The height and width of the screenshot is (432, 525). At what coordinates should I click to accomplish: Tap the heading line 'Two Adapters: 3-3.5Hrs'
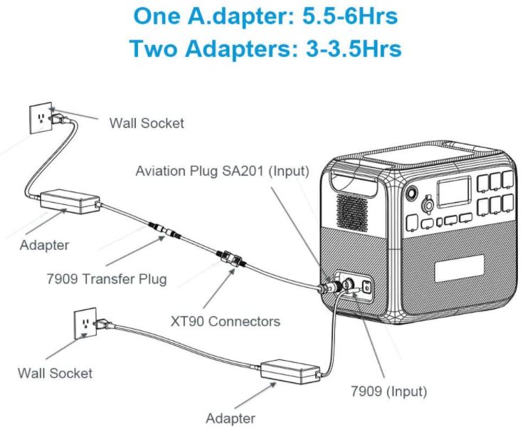click(x=265, y=48)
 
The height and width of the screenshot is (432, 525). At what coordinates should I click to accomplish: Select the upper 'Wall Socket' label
click(x=146, y=123)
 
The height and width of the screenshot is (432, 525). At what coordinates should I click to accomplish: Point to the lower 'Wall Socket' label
click(x=55, y=372)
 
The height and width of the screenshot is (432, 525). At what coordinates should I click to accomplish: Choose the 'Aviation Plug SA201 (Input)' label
click(x=223, y=171)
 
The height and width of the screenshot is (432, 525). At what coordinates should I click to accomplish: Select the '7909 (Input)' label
click(x=389, y=391)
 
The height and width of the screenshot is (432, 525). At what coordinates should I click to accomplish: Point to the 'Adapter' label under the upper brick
click(x=44, y=246)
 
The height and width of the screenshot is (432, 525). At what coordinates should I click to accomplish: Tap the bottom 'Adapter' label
click(x=230, y=418)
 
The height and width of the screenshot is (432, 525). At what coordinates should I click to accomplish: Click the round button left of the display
click(x=410, y=193)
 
